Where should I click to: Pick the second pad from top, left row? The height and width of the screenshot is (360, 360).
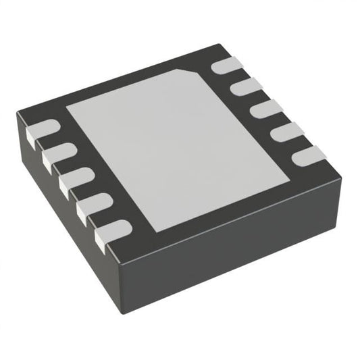point(59,154)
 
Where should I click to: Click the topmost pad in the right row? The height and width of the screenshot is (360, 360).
point(225,67)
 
